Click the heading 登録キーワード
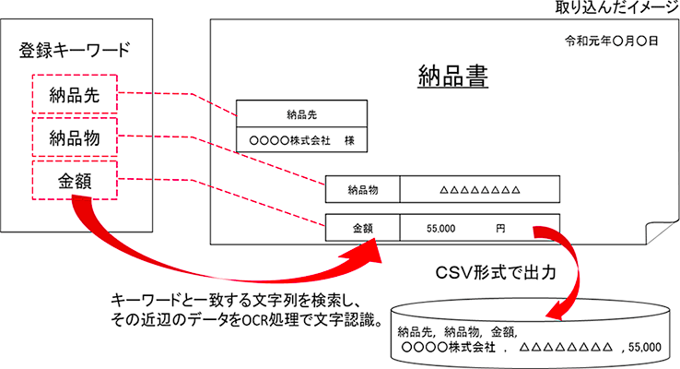74,51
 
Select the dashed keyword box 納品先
73,94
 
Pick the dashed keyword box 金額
73,180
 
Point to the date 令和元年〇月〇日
611,42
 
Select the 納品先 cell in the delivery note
301,114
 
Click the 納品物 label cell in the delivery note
362,190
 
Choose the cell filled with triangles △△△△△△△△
480,190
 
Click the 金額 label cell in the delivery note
362,228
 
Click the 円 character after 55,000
499,228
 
